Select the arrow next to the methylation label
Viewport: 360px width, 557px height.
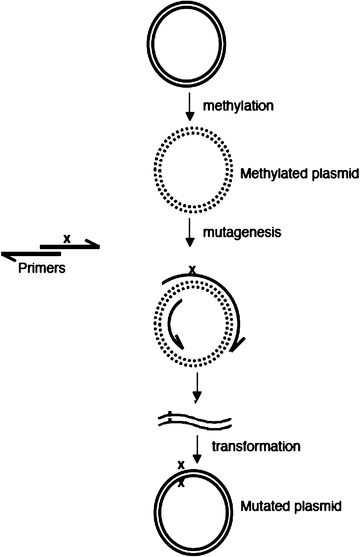pyautogui.click(x=189, y=104)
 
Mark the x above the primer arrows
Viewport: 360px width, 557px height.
pyautogui.click(x=66, y=237)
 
